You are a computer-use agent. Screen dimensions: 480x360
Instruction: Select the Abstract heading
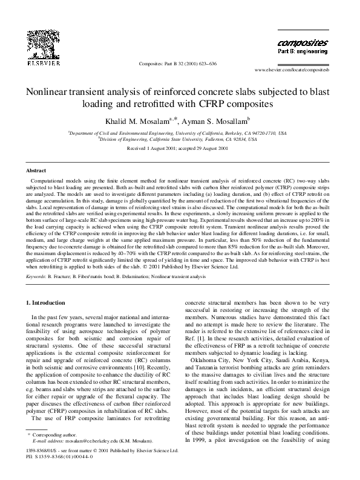37,171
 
